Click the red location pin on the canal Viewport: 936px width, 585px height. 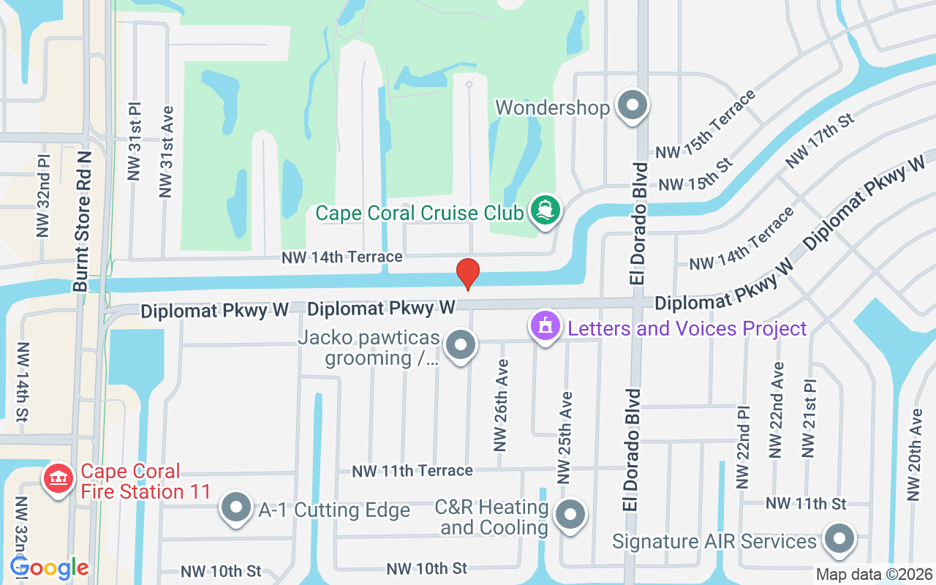[x=467, y=274]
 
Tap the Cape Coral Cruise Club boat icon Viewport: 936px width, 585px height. [x=545, y=210]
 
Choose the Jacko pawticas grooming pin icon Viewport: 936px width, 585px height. [x=461, y=345]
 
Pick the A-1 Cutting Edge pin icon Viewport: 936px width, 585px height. [x=235, y=508]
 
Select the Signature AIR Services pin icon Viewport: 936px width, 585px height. [x=839, y=540]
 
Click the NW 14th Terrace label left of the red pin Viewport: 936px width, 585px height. [x=343, y=257]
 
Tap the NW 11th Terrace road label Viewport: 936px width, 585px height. [x=412, y=470]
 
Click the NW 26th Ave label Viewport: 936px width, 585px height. [x=501, y=405]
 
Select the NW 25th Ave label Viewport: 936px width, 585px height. [x=565, y=437]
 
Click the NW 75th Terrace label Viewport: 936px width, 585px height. [x=706, y=124]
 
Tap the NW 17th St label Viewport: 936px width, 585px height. [x=819, y=140]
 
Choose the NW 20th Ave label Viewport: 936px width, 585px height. [x=914, y=455]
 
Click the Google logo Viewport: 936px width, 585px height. [x=49, y=567]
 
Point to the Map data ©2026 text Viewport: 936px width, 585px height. [x=875, y=575]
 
